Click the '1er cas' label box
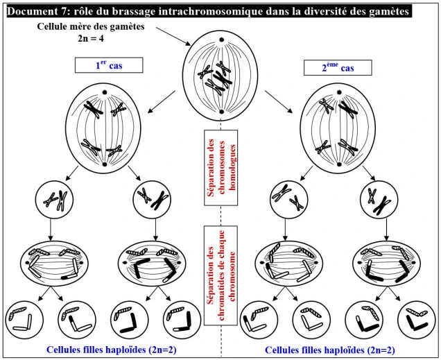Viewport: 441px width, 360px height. click(109, 66)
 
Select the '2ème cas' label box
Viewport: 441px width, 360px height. click(338, 67)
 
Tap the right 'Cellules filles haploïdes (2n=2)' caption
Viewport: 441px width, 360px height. click(330, 350)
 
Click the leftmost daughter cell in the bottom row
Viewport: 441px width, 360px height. click(26, 319)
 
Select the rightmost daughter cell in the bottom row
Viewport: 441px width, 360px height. click(415, 320)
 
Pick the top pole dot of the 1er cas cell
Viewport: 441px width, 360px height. click(105, 92)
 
